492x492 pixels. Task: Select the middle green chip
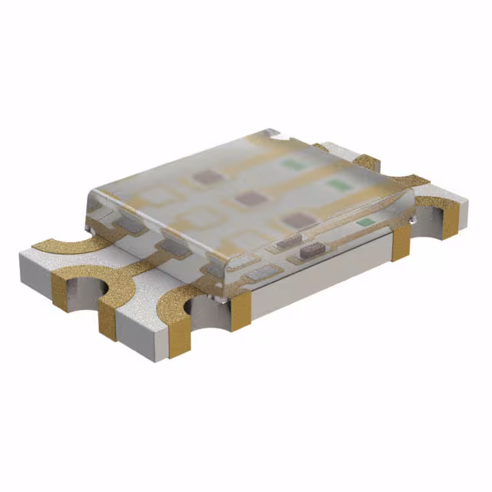tap(335, 184)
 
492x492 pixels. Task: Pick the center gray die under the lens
tap(246, 198)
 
